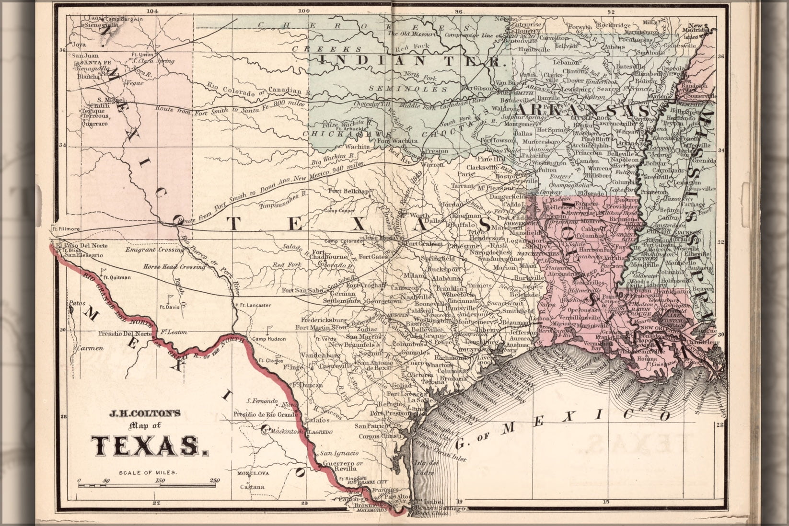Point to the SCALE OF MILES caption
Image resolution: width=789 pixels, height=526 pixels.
pyautogui.click(x=148, y=472)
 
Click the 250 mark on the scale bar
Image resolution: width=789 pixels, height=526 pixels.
pyautogui.click(x=214, y=480)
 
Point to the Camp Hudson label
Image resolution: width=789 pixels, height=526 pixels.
pyautogui.click(x=269, y=339)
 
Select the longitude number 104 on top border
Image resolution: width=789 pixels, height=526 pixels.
pyautogui.click(x=153, y=11)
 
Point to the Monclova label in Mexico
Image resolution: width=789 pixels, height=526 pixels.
pyautogui.click(x=253, y=473)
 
